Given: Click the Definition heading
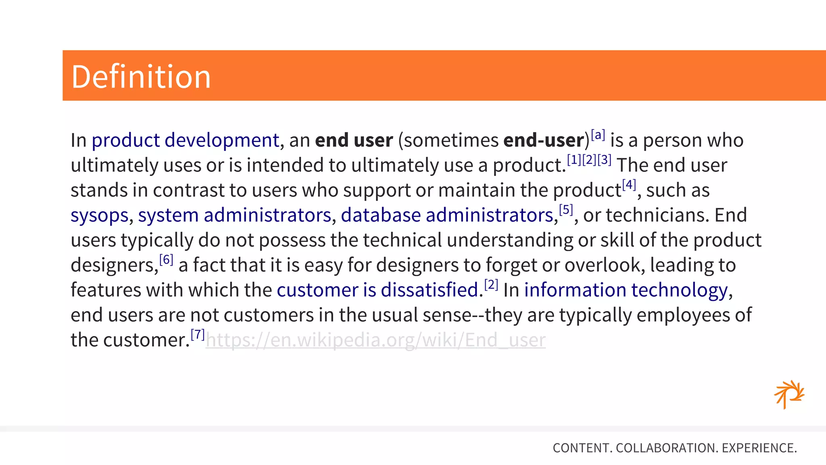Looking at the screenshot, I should tap(141, 77).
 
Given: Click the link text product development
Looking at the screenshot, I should tap(186, 140).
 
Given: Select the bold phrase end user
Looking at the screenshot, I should tap(354, 140).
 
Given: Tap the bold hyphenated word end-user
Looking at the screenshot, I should tap(544, 140).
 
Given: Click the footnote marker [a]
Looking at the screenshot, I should tap(598, 135).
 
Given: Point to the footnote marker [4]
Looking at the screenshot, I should tap(629, 185).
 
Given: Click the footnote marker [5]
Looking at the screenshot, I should tap(566, 210).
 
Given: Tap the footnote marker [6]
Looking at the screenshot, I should tap(166, 260).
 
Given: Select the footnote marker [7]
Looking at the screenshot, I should tap(198, 335).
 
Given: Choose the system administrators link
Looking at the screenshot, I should tap(235, 215).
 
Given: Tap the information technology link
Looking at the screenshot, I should tap(626, 290).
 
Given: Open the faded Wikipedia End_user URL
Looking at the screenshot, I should tap(375, 340).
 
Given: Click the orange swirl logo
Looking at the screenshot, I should tap(789, 394).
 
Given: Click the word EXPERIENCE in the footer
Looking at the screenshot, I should tap(758, 448).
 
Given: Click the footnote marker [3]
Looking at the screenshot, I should tap(604, 160).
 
